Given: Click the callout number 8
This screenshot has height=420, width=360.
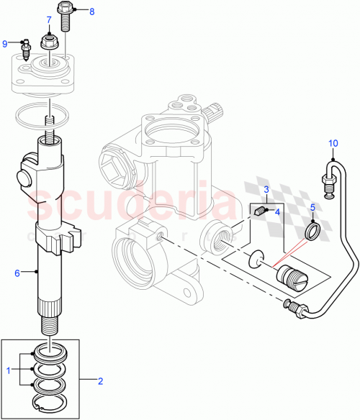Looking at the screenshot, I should tap(91, 12).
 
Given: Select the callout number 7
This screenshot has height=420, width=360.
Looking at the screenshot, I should tap(50, 19).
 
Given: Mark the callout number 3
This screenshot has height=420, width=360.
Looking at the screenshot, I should tap(266, 189).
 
